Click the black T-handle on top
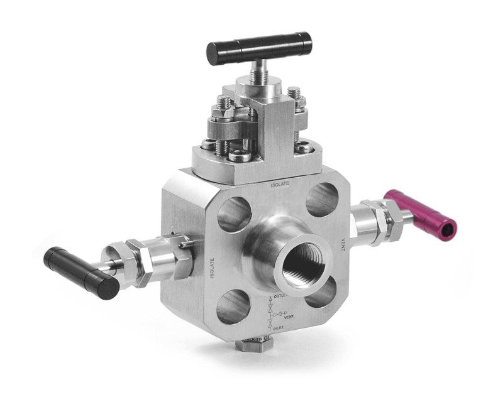point(260,45)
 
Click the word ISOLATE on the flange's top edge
point(280,185)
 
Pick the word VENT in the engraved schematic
point(290,317)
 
